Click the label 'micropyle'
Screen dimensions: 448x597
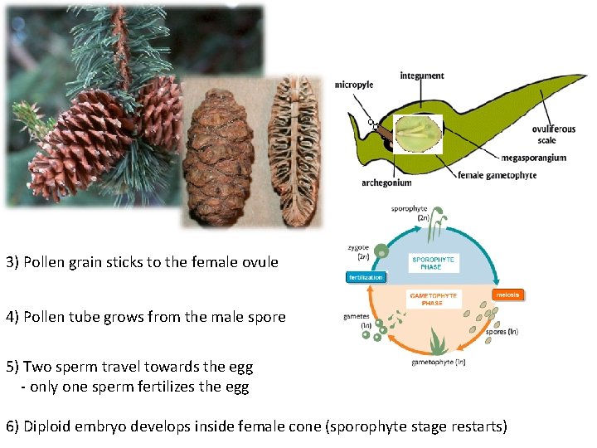354,84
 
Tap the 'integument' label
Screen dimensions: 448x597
422,76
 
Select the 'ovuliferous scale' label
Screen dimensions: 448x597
555,134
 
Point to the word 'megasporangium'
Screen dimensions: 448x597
534,157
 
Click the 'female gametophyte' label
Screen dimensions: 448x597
498,175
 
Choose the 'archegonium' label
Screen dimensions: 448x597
387,183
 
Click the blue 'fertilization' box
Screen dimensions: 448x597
365,277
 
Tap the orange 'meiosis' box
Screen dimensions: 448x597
507,295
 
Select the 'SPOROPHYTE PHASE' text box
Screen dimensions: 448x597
433,262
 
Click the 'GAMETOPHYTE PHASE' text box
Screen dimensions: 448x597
434,299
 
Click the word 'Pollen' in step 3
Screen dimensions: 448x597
42,262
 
